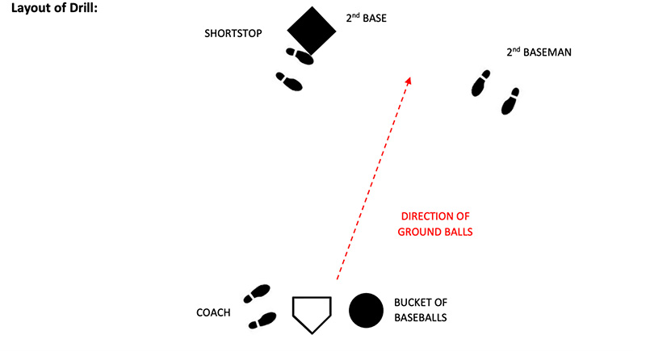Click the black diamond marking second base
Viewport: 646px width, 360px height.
click(x=312, y=31)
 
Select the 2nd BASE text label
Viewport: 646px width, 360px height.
click(x=367, y=16)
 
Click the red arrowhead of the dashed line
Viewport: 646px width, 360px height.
click(x=409, y=81)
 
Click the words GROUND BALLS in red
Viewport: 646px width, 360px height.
click(x=436, y=232)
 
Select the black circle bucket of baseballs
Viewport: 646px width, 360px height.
click(x=366, y=310)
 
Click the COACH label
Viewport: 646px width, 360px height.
click(x=213, y=312)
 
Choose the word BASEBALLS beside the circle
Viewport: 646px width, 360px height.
click(x=420, y=318)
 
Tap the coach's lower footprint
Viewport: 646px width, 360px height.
click(x=262, y=320)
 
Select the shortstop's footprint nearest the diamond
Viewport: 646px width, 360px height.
click(x=300, y=55)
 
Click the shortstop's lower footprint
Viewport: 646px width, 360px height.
click(x=289, y=81)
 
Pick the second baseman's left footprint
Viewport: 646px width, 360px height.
click(x=481, y=82)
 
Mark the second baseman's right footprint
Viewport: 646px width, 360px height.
click(x=510, y=101)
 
